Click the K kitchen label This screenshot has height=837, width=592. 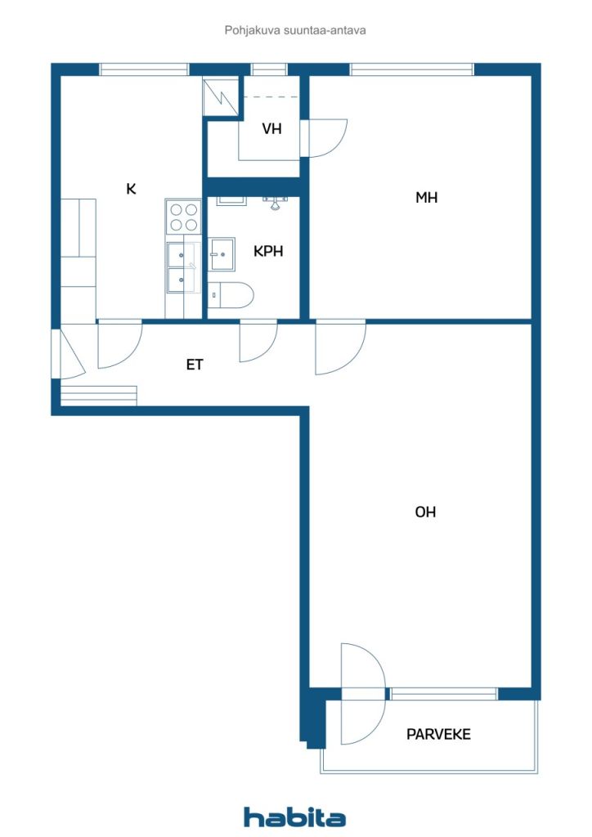pos(131,190)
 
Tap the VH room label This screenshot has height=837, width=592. pos(272,128)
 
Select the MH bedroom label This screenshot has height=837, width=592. pos(426,197)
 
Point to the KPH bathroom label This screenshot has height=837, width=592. pos(268,252)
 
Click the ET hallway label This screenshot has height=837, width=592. pos(194,365)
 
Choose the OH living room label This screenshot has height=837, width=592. pos(425,512)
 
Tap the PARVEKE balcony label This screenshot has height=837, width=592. pos(438,734)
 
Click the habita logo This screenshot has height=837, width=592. pos(295,817)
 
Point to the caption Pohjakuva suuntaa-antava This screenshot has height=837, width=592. pos(295,30)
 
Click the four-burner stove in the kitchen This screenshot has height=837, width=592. pos(183,217)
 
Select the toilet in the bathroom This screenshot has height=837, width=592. pos(231,294)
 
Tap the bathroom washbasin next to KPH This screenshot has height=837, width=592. pos(222,254)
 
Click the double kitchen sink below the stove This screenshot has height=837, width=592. pos(182,267)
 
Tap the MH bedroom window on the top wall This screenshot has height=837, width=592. pos(412,70)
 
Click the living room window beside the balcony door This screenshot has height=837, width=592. pos(443,694)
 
